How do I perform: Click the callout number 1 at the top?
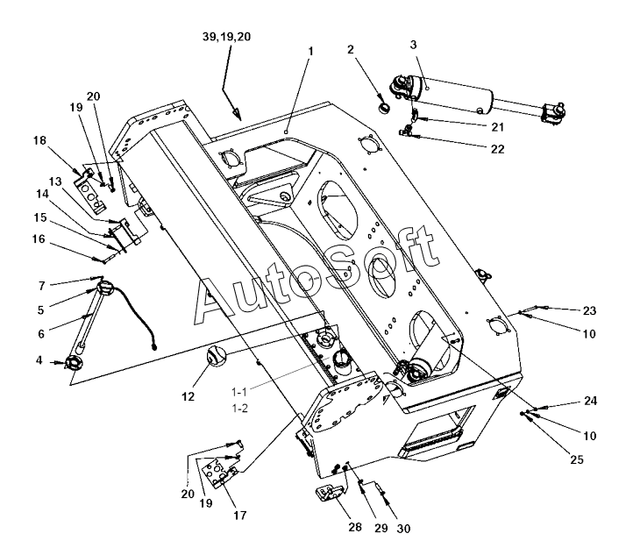coord(309,52)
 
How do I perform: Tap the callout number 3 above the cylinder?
coord(415,44)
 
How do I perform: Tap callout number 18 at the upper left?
coord(39,140)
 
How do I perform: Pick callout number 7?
coord(40,286)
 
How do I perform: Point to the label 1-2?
coord(238,409)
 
